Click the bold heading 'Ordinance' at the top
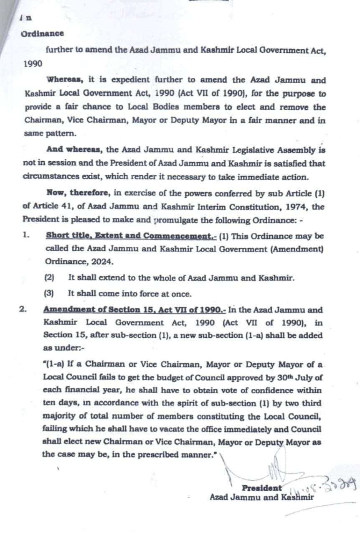tap(42, 33)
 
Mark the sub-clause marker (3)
tap(49, 293)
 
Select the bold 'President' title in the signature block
tap(261, 488)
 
